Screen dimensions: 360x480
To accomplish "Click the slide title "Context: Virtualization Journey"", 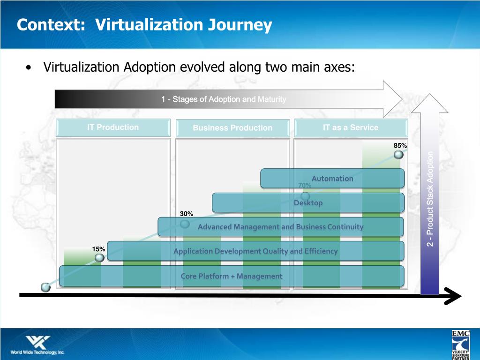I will (144, 25).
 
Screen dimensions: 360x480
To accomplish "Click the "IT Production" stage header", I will (113, 127).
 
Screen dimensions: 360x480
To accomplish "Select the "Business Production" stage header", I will (232, 128).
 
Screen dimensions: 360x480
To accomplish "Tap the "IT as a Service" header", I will (351, 127).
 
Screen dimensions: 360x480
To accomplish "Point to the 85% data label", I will (400, 146).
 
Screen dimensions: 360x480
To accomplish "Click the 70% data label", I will (305, 186).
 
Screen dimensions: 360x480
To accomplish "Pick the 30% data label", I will (186, 214).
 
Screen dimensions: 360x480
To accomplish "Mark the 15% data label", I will (98, 249).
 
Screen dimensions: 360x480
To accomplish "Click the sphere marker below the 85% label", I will (398, 155).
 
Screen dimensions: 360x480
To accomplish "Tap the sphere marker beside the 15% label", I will (99, 258).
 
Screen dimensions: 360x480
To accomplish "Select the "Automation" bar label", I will (332, 178).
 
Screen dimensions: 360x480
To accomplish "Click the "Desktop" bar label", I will (308, 203).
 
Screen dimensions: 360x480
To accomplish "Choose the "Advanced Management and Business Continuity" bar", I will (280, 227).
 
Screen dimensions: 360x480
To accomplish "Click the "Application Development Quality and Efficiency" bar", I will (255, 251).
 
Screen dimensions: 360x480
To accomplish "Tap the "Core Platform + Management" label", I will (232, 276).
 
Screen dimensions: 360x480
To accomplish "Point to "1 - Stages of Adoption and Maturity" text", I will (224, 99).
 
